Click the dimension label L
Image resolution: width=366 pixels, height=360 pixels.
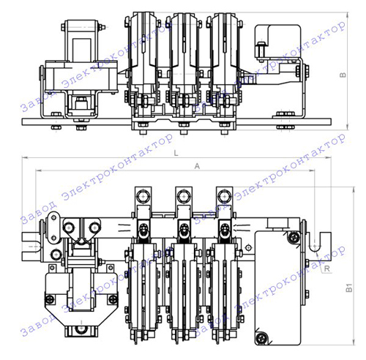point(176,153)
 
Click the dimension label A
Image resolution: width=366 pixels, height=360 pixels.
point(197,166)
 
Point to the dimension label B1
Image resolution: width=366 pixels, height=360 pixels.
point(349,288)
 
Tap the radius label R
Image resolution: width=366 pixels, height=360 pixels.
point(327,269)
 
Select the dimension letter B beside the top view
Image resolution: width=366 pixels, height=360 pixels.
point(343,75)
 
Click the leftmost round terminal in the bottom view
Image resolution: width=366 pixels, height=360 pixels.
point(143,196)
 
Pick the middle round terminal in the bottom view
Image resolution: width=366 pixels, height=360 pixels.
point(184,196)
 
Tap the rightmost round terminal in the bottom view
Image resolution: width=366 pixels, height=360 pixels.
point(224,196)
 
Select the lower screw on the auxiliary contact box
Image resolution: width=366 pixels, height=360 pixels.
point(262,338)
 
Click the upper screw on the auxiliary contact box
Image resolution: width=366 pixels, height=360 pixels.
point(294,236)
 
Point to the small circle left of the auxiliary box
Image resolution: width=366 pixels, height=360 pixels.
point(248,248)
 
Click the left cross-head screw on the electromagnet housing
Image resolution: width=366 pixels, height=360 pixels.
point(50,299)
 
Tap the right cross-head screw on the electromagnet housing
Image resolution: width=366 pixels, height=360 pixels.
point(113,299)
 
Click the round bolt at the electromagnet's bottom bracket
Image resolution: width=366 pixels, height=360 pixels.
point(81,330)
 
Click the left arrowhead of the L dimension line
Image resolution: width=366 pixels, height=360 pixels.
point(24,157)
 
